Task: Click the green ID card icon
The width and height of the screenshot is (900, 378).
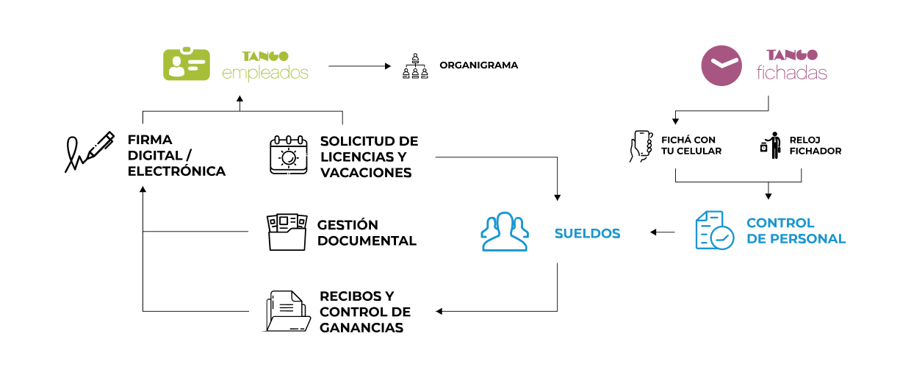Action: pyautogui.click(x=186, y=65)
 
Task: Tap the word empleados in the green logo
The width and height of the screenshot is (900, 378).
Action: pyautogui.click(x=264, y=74)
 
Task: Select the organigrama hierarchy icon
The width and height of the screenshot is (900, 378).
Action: pyautogui.click(x=415, y=65)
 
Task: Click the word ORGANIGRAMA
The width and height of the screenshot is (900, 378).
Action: pyautogui.click(x=478, y=65)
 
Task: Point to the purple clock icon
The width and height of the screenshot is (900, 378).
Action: pyautogui.click(x=721, y=65)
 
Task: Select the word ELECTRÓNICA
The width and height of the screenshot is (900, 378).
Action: pyautogui.click(x=176, y=172)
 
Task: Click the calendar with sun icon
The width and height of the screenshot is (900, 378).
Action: pyautogui.click(x=288, y=154)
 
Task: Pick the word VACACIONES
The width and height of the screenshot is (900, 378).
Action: pyautogui.click(x=365, y=173)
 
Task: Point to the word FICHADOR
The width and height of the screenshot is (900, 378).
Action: pyautogui.click(x=816, y=151)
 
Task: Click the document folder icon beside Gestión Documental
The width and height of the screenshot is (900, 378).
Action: pyautogui.click(x=287, y=232)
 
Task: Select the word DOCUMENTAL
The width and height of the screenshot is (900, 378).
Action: pyautogui.click(x=367, y=241)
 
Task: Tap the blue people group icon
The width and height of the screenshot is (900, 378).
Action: pyautogui.click(x=504, y=232)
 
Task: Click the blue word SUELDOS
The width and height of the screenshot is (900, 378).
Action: pyautogui.click(x=587, y=234)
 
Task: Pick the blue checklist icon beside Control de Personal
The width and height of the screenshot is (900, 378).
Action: pyautogui.click(x=713, y=230)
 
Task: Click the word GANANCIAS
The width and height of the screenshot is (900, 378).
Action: pyautogui.click(x=361, y=328)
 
